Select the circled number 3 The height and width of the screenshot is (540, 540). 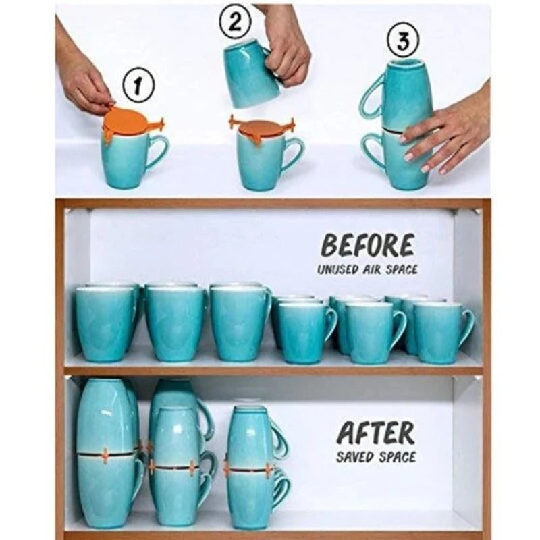pyautogui.click(x=403, y=42)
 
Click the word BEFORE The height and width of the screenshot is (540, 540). pyautogui.click(x=368, y=246)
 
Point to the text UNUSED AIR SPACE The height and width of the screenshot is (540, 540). pyautogui.click(x=368, y=269)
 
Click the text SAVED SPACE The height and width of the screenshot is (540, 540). pyautogui.click(x=376, y=457)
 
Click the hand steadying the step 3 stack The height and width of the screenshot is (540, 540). pyautogui.click(x=446, y=132)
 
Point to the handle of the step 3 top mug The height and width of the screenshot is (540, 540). pyautogui.click(x=371, y=98)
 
